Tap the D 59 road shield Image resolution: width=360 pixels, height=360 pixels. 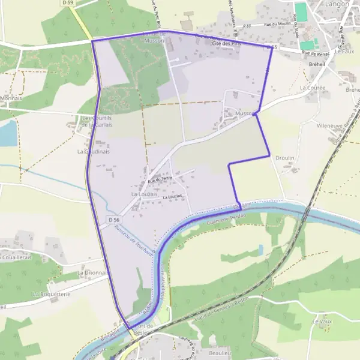tap(68, 3)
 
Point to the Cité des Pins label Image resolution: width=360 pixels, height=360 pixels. tap(226, 44)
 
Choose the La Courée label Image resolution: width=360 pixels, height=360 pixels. tap(312, 88)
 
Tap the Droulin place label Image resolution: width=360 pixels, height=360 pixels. tap(284, 158)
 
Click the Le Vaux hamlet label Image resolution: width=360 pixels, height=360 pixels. tap(322, 322)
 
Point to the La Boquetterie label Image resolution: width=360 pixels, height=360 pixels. tap(52, 295)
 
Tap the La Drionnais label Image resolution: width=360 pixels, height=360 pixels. tap(90, 272)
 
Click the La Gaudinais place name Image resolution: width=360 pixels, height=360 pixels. tap(92, 152)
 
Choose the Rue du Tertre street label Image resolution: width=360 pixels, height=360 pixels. tap(160, 178)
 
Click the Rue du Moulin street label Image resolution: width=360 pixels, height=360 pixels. tap(273, 24)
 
